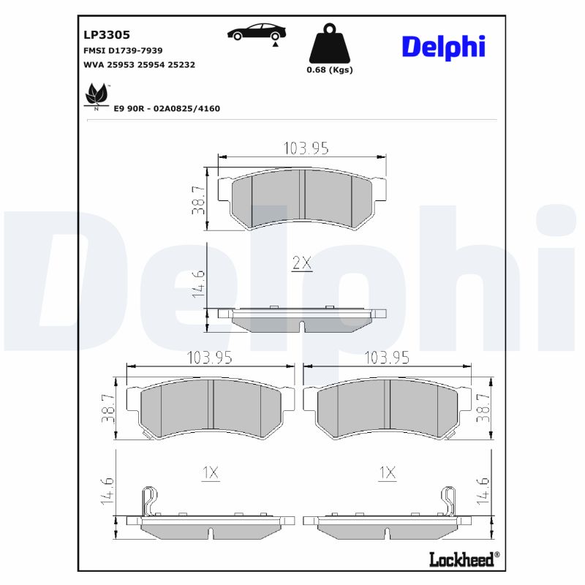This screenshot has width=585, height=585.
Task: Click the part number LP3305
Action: [x=107, y=34]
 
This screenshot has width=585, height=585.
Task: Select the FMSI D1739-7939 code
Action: [x=124, y=50]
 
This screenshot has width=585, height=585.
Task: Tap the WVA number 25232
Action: [x=181, y=64]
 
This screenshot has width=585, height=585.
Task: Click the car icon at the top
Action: [x=256, y=32]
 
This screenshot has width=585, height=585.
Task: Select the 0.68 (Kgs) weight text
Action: [x=329, y=70]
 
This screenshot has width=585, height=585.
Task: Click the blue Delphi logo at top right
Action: [x=443, y=46]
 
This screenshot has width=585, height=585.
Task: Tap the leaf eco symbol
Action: [x=97, y=95]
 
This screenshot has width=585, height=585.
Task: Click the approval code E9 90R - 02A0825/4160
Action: [x=167, y=108]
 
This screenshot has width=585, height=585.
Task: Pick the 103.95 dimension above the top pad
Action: [x=305, y=148]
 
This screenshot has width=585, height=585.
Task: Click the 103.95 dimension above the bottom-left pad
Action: [x=209, y=358]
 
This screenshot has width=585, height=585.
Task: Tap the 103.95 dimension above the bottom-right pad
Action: [x=387, y=358]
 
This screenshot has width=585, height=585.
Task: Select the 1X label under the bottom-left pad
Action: [x=210, y=474]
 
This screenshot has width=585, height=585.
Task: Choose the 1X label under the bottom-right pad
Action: [x=387, y=474]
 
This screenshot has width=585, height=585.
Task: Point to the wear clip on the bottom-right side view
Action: [x=449, y=502]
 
